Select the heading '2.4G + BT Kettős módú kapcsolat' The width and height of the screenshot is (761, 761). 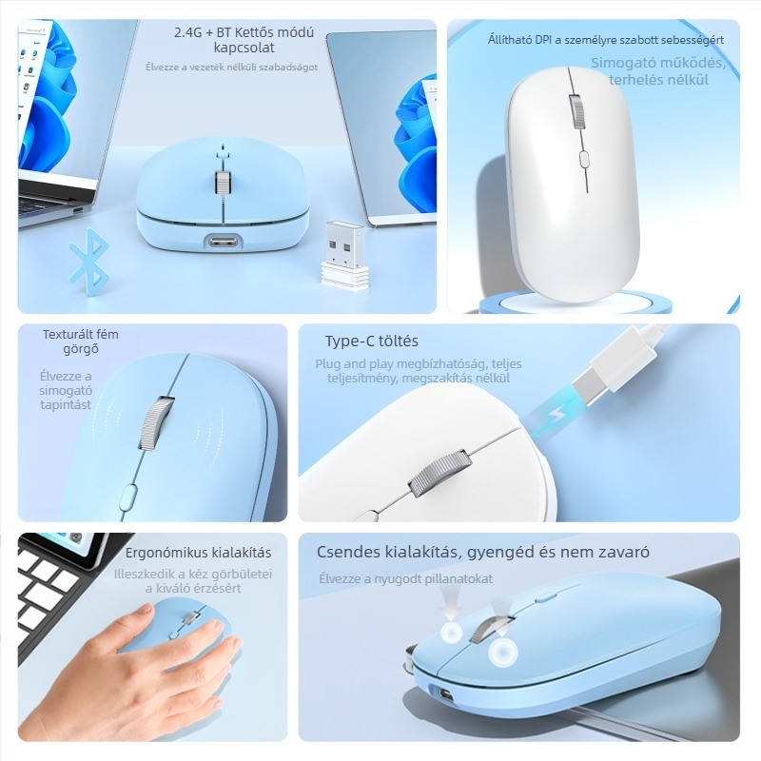[x=244, y=39]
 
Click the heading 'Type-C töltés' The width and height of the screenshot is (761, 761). [x=371, y=341]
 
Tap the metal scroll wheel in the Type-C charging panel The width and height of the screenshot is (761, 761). [x=440, y=476]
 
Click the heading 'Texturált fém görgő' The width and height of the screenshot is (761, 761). [x=81, y=341]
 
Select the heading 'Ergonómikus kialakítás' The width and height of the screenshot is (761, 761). [x=199, y=553]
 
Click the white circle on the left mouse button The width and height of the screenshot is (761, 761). [x=452, y=634]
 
